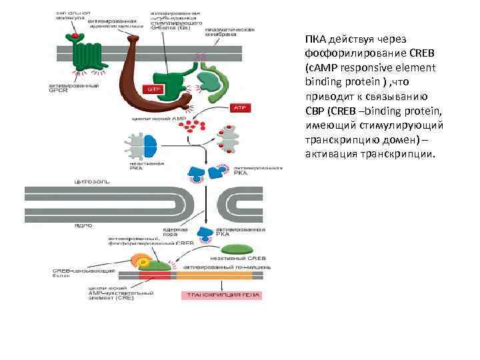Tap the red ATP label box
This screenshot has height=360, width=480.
pyautogui.click(x=239, y=107)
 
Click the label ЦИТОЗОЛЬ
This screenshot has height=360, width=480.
pyautogui.click(x=92, y=181)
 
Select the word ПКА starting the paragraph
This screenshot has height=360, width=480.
pyautogui.click(x=316, y=39)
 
